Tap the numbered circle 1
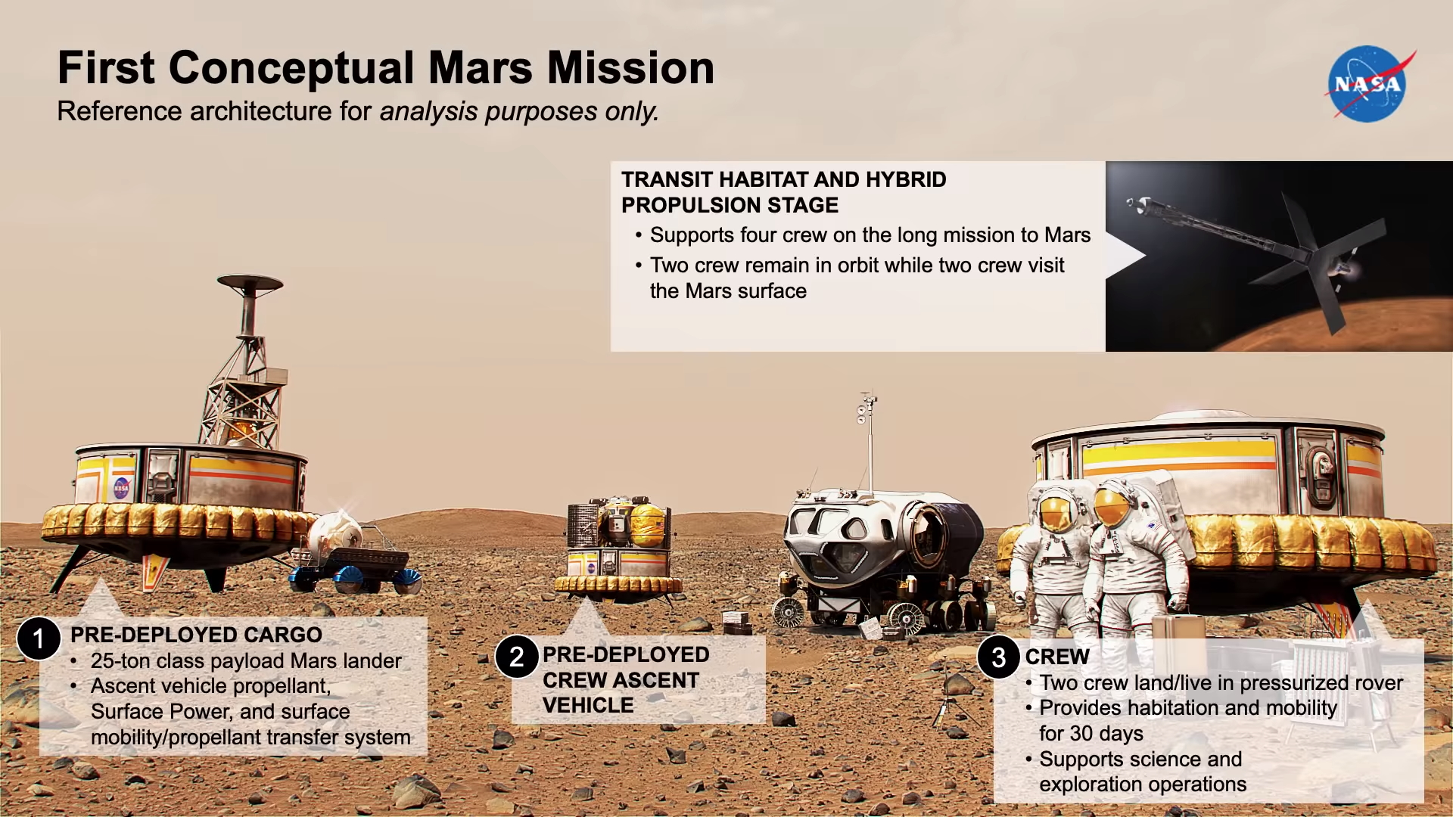39,639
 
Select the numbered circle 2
517,657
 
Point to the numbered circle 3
999,657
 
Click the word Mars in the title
480,67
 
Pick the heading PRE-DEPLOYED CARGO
196,635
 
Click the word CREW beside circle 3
1057,657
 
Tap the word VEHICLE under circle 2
588,705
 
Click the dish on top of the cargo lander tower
250,283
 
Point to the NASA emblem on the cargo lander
121,488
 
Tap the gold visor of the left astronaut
1053,511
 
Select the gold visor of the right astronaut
1109,508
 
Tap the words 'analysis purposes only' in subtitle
519,112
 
